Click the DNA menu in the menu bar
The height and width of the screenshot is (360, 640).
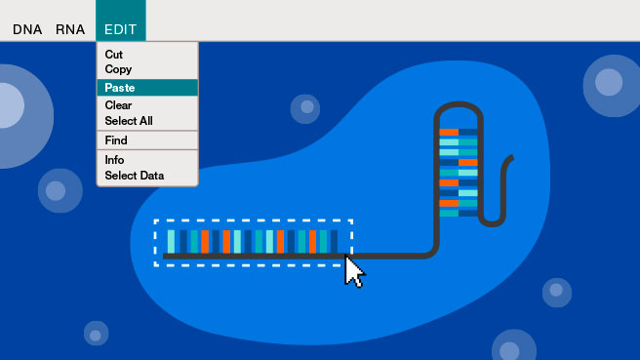point(27,29)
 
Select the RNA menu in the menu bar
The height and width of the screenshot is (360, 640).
point(70,29)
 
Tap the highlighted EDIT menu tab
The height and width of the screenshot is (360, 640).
point(121,20)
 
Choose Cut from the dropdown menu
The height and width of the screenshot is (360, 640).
point(113,55)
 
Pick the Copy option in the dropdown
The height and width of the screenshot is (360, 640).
point(118,69)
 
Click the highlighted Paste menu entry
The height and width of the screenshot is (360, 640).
point(147,88)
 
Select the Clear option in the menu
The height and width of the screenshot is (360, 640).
point(118,105)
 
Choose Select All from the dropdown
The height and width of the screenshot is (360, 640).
point(129,121)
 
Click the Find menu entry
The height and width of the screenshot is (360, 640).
point(116,140)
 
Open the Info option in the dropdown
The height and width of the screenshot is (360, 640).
point(114,160)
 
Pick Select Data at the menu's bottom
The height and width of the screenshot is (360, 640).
point(135,176)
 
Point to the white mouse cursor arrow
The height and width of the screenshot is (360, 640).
point(353,271)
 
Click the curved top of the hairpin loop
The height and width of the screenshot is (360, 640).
point(459,104)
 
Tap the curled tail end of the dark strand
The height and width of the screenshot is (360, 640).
point(510,158)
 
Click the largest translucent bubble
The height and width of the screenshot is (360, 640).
point(17,116)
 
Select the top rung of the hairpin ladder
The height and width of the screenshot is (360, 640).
point(459,133)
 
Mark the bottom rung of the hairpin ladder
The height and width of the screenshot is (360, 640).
point(459,213)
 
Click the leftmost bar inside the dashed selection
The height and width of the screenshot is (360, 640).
point(171,242)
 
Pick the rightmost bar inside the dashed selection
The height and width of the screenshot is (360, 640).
point(334,242)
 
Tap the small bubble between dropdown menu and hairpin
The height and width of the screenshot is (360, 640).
point(305,108)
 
